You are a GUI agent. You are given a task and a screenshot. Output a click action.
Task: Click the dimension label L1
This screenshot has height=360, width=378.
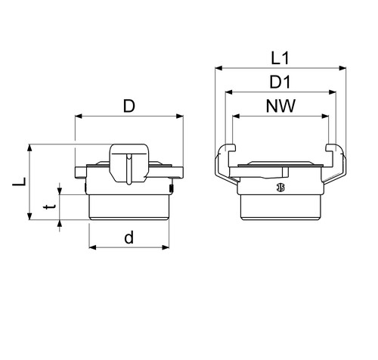(280, 58)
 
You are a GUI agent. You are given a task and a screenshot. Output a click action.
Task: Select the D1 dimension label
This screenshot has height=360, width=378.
(280, 82)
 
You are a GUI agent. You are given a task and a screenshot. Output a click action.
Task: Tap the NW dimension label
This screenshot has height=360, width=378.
(280, 106)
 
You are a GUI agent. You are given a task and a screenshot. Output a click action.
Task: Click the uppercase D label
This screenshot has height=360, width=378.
(129, 106)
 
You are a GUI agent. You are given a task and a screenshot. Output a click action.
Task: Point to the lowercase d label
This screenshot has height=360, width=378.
(129, 237)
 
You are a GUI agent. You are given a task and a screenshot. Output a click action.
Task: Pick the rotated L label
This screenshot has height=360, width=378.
(20, 182)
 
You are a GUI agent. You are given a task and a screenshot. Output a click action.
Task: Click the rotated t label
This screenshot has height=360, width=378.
(49, 207)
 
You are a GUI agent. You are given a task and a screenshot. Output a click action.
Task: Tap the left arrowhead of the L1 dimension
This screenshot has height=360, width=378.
(218, 68)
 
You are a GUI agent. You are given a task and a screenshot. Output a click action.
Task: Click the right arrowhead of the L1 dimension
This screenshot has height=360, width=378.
(342, 68)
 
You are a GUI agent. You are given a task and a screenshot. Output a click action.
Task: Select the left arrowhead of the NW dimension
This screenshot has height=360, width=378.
(236, 116)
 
